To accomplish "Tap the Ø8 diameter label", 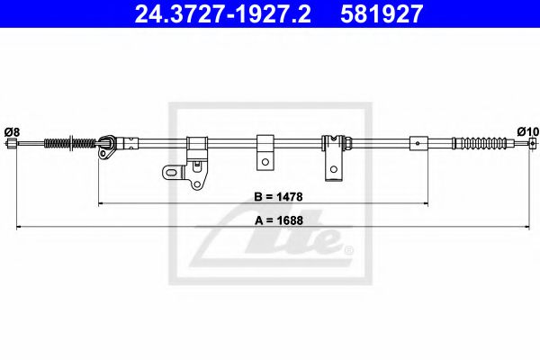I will [12, 131].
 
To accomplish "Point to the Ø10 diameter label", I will [527, 131].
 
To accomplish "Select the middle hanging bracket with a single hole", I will [265, 151].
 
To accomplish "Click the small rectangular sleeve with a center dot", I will [418, 142].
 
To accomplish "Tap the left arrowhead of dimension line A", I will [21, 228].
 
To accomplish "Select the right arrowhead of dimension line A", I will [531, 228].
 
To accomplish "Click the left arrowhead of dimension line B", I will [102, 204].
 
